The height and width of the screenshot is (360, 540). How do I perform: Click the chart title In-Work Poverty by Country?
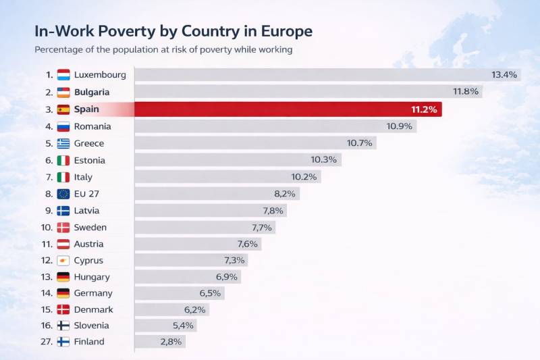pyautogui.click(x=173, y=31)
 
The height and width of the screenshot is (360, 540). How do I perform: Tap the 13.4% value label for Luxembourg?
pyautogui.click(x=504, y=74)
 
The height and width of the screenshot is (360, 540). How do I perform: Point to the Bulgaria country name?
pyautogui.click(x=92, y=92)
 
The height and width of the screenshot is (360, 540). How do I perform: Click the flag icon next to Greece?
pyautogui.click(x=63, y=143)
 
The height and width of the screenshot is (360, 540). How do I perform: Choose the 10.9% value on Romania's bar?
pyautogui.click(x=400, y=126)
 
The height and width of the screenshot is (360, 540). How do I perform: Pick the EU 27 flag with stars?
pyautogui.click(x=63, y=194)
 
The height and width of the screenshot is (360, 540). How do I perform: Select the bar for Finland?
pyautogui.click(x=159, y=342)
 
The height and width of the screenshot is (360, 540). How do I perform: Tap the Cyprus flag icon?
pyautogui.click(x=63, y=261)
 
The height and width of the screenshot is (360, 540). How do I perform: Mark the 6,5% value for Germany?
pyautogui.click(x=211, y=293)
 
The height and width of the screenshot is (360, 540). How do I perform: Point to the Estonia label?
pyautogui.click(x=90, y=160)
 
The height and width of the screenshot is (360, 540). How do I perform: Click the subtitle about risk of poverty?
pyautogui.click(x=163, y=49)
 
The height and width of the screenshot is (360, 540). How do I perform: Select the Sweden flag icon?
pyautogui.click(x=63, y=228)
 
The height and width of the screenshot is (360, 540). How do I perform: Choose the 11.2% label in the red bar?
pyautogui.click(x=425, y=109)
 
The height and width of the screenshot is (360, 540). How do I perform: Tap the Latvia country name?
pyautogui.click(x=87, y=211)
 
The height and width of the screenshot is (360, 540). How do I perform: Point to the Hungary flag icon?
pyautogui.click(x=63, y=277)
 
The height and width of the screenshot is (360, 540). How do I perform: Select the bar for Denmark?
pyautogui.click(x=171, y=309)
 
